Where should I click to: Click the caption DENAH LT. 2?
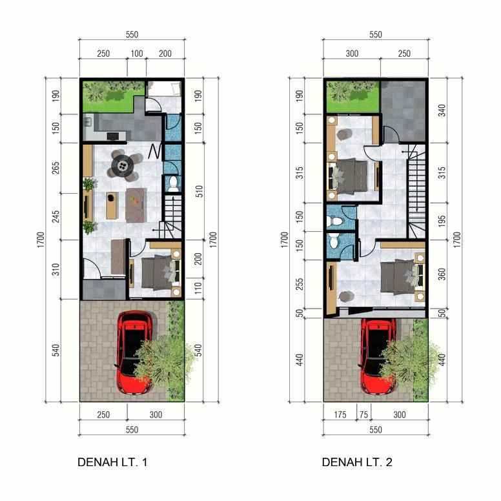click(x=357, y=462)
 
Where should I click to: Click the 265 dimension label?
click(x=56, y=168)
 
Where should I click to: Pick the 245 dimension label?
click(x=56, y=216)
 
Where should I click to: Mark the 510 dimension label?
click(x=199, y=192)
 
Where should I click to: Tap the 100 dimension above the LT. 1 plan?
click(x=136, y=54)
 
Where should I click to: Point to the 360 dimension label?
click(x=442, y=273)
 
